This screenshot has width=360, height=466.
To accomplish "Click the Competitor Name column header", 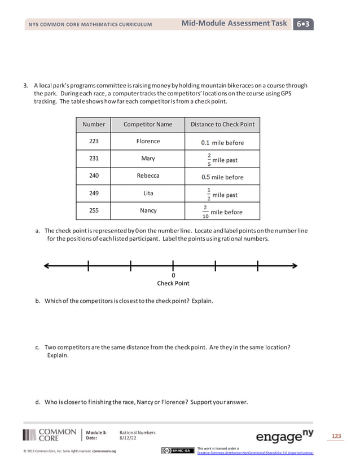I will (x=148, y=124).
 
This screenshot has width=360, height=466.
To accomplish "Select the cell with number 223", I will (x=94, y=142).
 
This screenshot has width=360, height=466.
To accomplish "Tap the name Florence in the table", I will (x=148, y=142).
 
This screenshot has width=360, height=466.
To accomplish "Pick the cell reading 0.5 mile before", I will (x=222, y=177).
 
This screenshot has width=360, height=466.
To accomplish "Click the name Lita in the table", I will (x=148, y=193).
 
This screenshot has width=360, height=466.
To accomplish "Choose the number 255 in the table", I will (x=94, y=210).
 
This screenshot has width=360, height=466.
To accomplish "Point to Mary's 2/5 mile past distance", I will (x=222, y=160).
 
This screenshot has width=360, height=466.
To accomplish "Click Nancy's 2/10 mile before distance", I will (x=222, y=212).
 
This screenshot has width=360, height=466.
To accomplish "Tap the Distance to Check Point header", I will (x=222, y=124).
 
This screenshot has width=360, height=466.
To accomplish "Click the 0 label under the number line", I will (x=173, y=275).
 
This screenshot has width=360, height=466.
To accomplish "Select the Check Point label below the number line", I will (x=173, y=283).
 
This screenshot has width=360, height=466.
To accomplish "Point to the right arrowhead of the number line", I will (x=295, y=266).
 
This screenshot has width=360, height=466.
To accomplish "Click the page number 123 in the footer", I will (x=336, y=436).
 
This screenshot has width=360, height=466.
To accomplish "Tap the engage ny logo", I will (x=284, y=436).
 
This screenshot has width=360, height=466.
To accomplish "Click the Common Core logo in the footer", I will (x=50, y=435).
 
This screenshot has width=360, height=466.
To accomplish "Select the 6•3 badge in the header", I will (x=304, y=24).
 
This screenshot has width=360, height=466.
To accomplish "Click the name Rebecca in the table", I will (x=148, y=176).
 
